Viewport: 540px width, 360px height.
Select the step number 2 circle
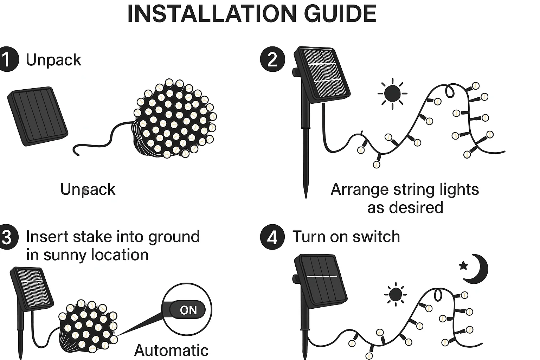click(272, 60)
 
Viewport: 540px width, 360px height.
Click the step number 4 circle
click(272, 237)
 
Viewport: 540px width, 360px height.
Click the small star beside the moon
click(463, 265)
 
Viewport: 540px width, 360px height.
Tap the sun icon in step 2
click(392, 93)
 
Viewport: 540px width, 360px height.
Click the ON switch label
click(188, 310)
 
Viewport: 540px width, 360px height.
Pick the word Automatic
click(171, 351)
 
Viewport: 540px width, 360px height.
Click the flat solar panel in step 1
click(38, 116)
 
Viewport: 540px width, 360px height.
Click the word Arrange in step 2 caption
click(359, 189)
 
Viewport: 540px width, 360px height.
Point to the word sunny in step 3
click(65, 255)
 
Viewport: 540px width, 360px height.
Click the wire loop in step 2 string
click(450, 91)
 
